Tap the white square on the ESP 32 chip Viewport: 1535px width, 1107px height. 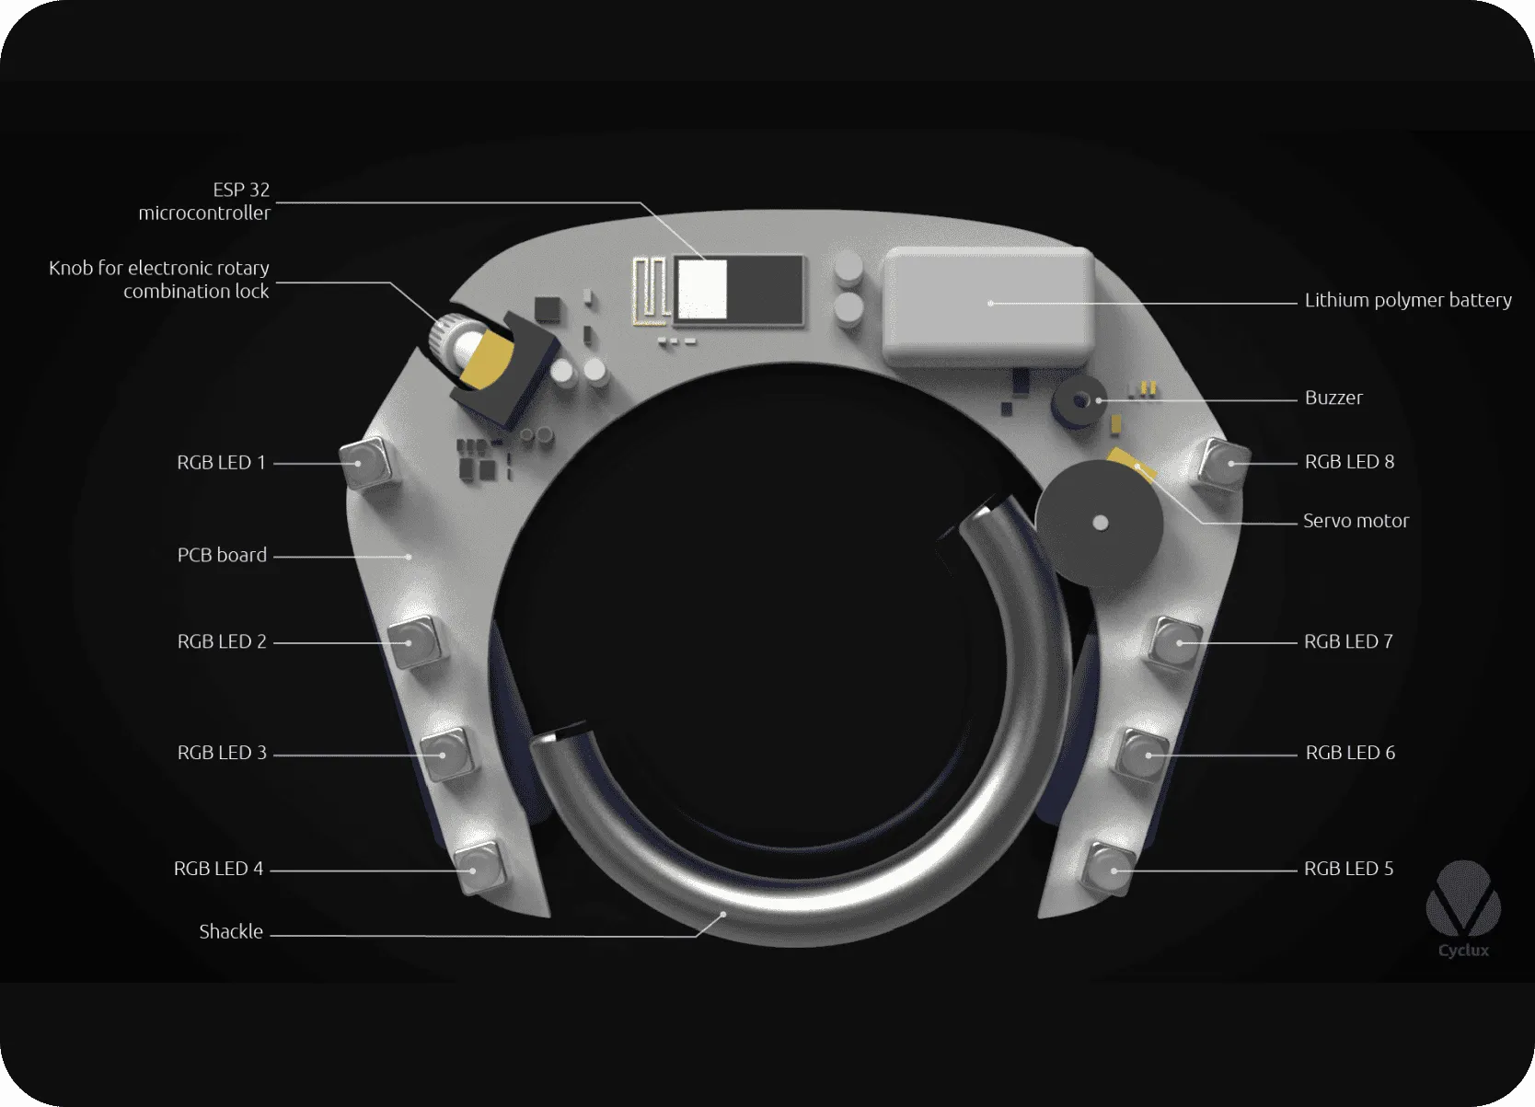click(702, 289)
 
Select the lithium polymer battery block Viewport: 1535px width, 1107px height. click(988, 306)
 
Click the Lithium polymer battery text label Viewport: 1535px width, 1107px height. click(1407, 300)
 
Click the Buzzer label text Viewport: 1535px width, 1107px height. click(1333, 398)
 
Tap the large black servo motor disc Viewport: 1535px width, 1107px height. click(1099, 523)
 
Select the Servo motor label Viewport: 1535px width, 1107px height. click(1355, 521)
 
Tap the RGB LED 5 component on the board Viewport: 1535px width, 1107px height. click(1108, 867)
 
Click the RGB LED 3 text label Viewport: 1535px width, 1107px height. click(221, 753)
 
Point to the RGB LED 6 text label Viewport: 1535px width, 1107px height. click(1349, 753)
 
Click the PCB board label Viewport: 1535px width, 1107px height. click(222, 555)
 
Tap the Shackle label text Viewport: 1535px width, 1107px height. click(231, 931)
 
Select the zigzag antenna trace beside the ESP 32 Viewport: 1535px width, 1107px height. click(650, 291)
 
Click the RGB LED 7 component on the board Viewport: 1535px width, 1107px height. click(1175, 641)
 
